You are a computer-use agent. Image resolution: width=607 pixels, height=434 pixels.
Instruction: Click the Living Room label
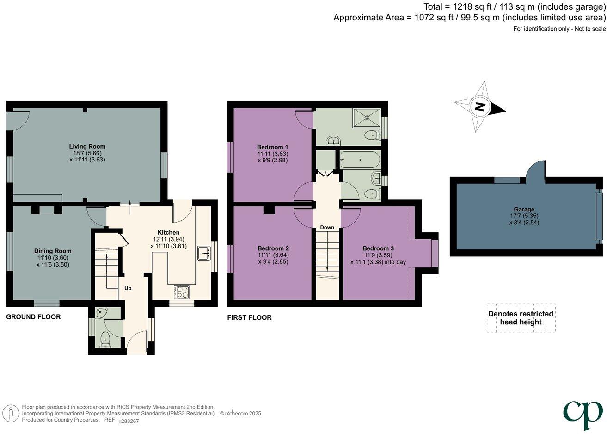pyautogui.click(x=87, y=146)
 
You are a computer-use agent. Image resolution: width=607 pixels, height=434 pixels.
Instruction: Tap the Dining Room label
pyautogui.click(x=54, y=251)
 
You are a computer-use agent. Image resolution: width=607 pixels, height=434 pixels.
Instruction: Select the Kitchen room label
pyautogui.click(x=168, y=232)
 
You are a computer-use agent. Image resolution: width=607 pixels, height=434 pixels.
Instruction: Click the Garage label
pyautogui.click(x=523, y=209)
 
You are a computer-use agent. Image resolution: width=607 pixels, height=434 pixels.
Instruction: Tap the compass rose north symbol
pyautogui.click(x=480, y=107)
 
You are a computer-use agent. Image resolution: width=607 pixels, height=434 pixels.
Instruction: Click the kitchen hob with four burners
pyautogui.click(x=181, y=292)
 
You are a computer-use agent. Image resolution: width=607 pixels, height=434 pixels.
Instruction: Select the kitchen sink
pyautogui.click(x=203, y=253)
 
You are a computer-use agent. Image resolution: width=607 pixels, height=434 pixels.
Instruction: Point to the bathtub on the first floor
pyautogui.click(x=360, y=161)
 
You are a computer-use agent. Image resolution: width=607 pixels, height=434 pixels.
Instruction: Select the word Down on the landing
pyautogui.click(x=327, y=227)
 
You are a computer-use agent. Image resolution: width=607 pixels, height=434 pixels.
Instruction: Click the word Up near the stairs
pyautogui.click(x=128, y=288)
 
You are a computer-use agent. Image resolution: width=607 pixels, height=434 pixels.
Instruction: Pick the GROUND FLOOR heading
pyautogui.click(x=33, y=317)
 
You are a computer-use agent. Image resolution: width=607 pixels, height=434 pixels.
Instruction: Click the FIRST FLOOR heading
pyautogui.click(x=249, y=317)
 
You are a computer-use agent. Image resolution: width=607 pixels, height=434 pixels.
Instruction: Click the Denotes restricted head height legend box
pyautogui.click(x=521, y=318)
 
